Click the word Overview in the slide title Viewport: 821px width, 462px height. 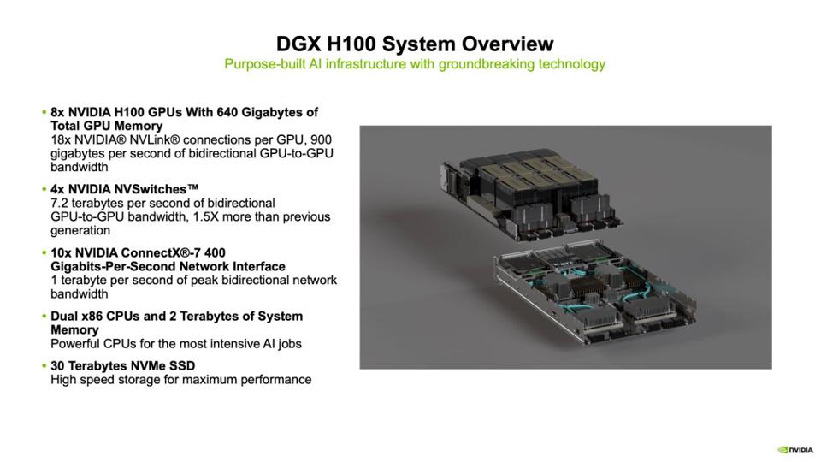(507, 44)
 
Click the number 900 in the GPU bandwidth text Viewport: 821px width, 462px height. (321, 139)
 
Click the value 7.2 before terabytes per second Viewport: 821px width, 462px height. (59, 203)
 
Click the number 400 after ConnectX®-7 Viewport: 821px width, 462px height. (216, 252)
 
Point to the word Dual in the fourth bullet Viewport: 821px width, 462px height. (64, 317)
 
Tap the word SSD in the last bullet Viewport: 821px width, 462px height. (182, 365)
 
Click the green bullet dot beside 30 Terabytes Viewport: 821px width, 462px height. (44, 365)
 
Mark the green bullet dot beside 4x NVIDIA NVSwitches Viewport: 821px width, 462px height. (44, 188)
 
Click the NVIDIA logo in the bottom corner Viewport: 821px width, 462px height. (795, 449)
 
